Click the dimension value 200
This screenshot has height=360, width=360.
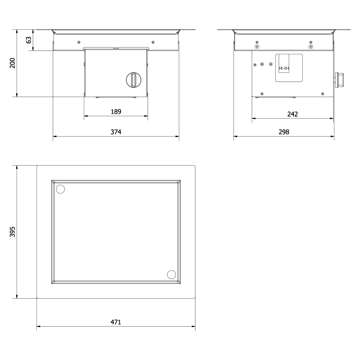click(12, 63)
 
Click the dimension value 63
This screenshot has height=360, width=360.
click(29, 40)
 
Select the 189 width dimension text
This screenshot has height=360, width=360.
click(116, 112)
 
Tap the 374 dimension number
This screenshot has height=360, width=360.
click(116, 132)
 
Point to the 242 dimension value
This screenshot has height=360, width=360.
click(292, 114)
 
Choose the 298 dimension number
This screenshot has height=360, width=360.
click(284, 132)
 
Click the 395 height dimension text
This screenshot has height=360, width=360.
click(12, 232)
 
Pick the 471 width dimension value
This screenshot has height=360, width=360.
click(116, 322)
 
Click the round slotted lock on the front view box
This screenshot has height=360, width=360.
click(134, 80)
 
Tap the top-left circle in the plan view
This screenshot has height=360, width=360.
click(60, 189)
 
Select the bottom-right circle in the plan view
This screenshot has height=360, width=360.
click(172, 274)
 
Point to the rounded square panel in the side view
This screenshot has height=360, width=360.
click(289, 68)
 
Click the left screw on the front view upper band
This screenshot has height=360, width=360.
click(79, 42)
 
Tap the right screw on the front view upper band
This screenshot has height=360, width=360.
click(153, 42)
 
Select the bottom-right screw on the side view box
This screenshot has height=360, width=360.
click(322, 94)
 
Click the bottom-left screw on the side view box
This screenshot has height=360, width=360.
click(262, 94)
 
